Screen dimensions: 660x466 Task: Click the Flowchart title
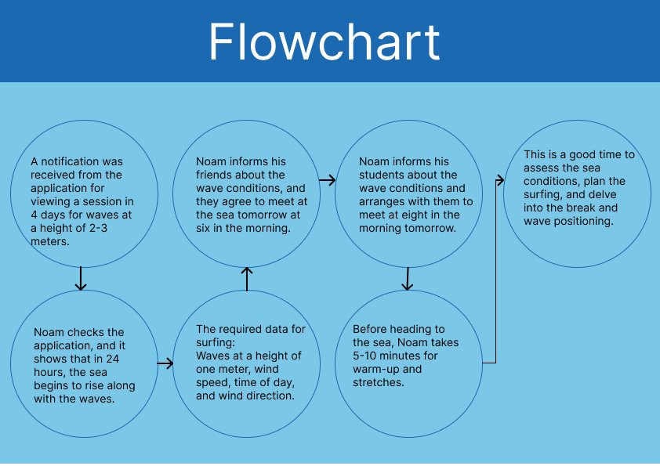point(324,42)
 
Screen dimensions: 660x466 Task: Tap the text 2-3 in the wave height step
point(99,228)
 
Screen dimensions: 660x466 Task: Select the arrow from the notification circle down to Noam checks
point(81,278)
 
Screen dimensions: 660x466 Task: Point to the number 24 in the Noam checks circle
point(112,359)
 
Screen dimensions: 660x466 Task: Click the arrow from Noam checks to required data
point(165,363)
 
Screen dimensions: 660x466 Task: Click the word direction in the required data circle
point(271,396)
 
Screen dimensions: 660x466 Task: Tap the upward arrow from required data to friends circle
point(247,279)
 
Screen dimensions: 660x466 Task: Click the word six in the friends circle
point(203,228)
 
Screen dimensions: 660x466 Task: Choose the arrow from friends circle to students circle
point(328,180)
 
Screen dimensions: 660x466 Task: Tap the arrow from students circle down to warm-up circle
point(407,279)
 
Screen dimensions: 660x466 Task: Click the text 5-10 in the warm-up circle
point(365,356)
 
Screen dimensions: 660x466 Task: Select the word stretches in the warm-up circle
point(379,382)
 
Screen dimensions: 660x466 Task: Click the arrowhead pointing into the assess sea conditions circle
point(500,180)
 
